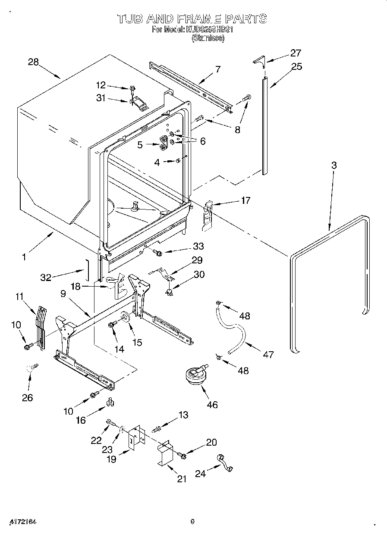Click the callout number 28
tap(33, 62)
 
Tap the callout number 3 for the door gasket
tap(334, 165)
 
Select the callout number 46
tap(212, 404)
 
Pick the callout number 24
tap(200, 473)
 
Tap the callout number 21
tap(182, 479)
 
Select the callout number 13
tap(183, 415)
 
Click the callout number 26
tap(27, 397)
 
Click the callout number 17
tap(245, 200)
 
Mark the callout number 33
tap(198, 246)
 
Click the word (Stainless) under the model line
tap(208, 38)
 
